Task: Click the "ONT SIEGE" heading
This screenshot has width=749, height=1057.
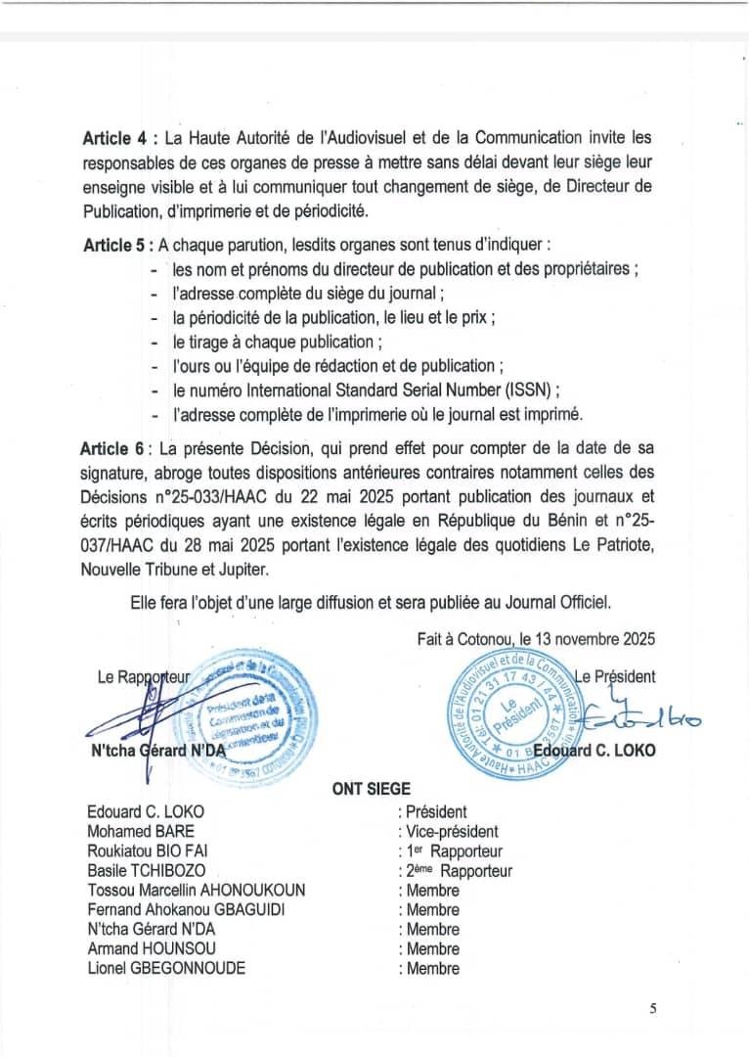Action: tap(372, 788)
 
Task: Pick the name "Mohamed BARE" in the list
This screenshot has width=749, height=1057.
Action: tap(132, 832)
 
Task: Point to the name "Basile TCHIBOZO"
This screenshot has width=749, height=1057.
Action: tap(142, 871)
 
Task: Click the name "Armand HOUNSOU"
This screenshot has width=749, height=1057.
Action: tap(138, 948)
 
